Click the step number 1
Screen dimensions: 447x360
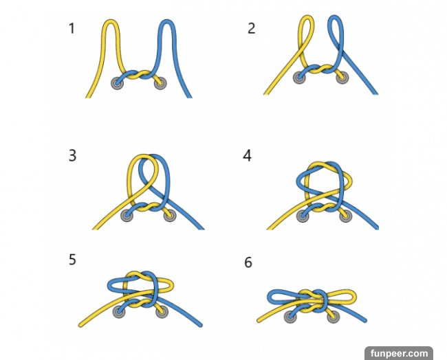coord(72,28)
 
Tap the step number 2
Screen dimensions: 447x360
coord(251,28)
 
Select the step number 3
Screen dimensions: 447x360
coord(72,156)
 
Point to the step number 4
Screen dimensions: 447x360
coord(247,156)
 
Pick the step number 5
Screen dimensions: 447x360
coord(72,260)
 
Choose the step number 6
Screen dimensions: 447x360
coord(248,262)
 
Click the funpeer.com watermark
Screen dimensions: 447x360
coord(399,353)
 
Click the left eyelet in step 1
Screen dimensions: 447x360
coord(118,83)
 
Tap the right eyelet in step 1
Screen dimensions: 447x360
coord(160,83)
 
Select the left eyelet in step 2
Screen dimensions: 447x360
coord(300,77)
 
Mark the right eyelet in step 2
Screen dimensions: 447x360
coord(342,77)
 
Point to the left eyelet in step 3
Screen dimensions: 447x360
coord(127,215)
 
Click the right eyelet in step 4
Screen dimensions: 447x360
coord(345,216)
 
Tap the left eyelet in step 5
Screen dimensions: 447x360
coord(118,311)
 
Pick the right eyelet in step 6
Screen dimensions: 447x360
coord(334,317)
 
